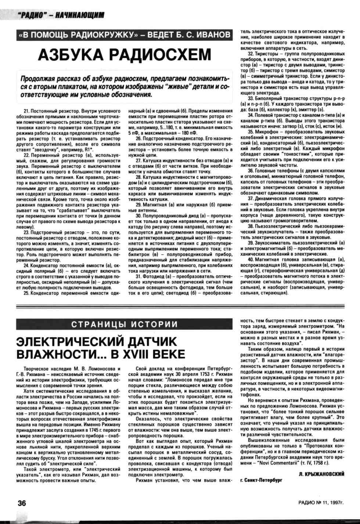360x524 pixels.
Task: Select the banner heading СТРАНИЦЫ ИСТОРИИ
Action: (x=125, y=325)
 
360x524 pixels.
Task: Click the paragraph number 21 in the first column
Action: (x=26, y=111)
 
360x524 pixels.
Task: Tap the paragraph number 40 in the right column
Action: (x=251, y=260)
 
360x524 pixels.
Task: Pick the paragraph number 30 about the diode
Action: (x=138, y=216)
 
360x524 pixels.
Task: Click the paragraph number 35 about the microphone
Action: (x=251, y=131)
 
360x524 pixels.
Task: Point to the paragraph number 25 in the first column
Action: (x=26, y=293)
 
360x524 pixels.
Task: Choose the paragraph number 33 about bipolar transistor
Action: (x=251, y=98)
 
